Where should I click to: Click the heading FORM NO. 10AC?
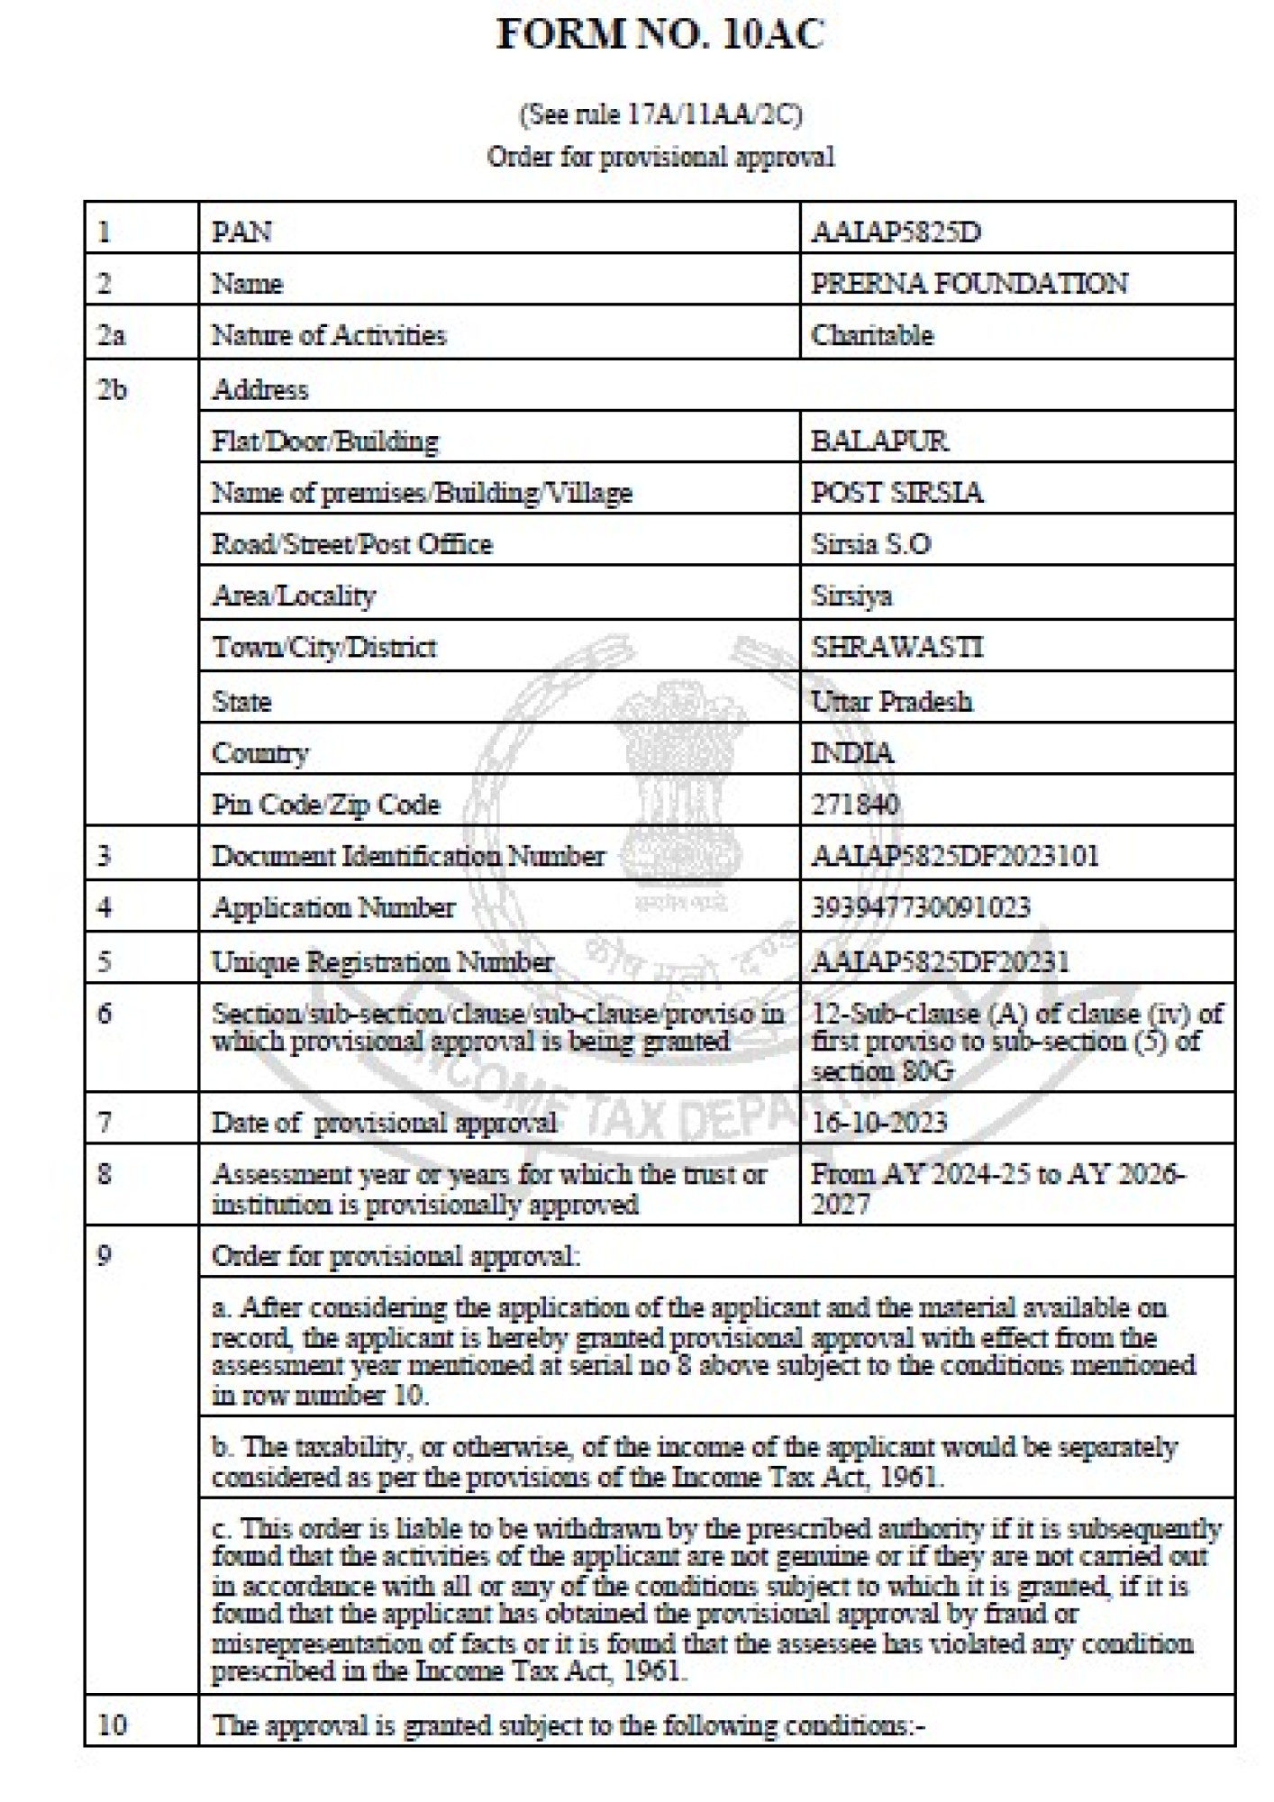[660, 36]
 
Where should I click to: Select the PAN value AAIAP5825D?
[896, 232]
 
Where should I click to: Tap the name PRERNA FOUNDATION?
[969, 284]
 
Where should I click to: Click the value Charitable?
[872, 335]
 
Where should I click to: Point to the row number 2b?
[112, 389]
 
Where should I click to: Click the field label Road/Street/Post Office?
[351, 544]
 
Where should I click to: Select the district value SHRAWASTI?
[897, 647]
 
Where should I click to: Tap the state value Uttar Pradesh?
[891, 701]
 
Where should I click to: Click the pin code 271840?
[855, 804]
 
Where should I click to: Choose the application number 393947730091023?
[921, 907]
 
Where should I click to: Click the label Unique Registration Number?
[382, 962]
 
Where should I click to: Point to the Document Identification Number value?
[955, 855]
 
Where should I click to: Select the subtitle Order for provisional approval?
[660, 157]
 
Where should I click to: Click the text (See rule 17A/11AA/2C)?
[660, 114]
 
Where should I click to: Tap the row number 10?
[112, 1725]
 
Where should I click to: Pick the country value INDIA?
[852, 752]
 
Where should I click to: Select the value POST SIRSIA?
[897, 493]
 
